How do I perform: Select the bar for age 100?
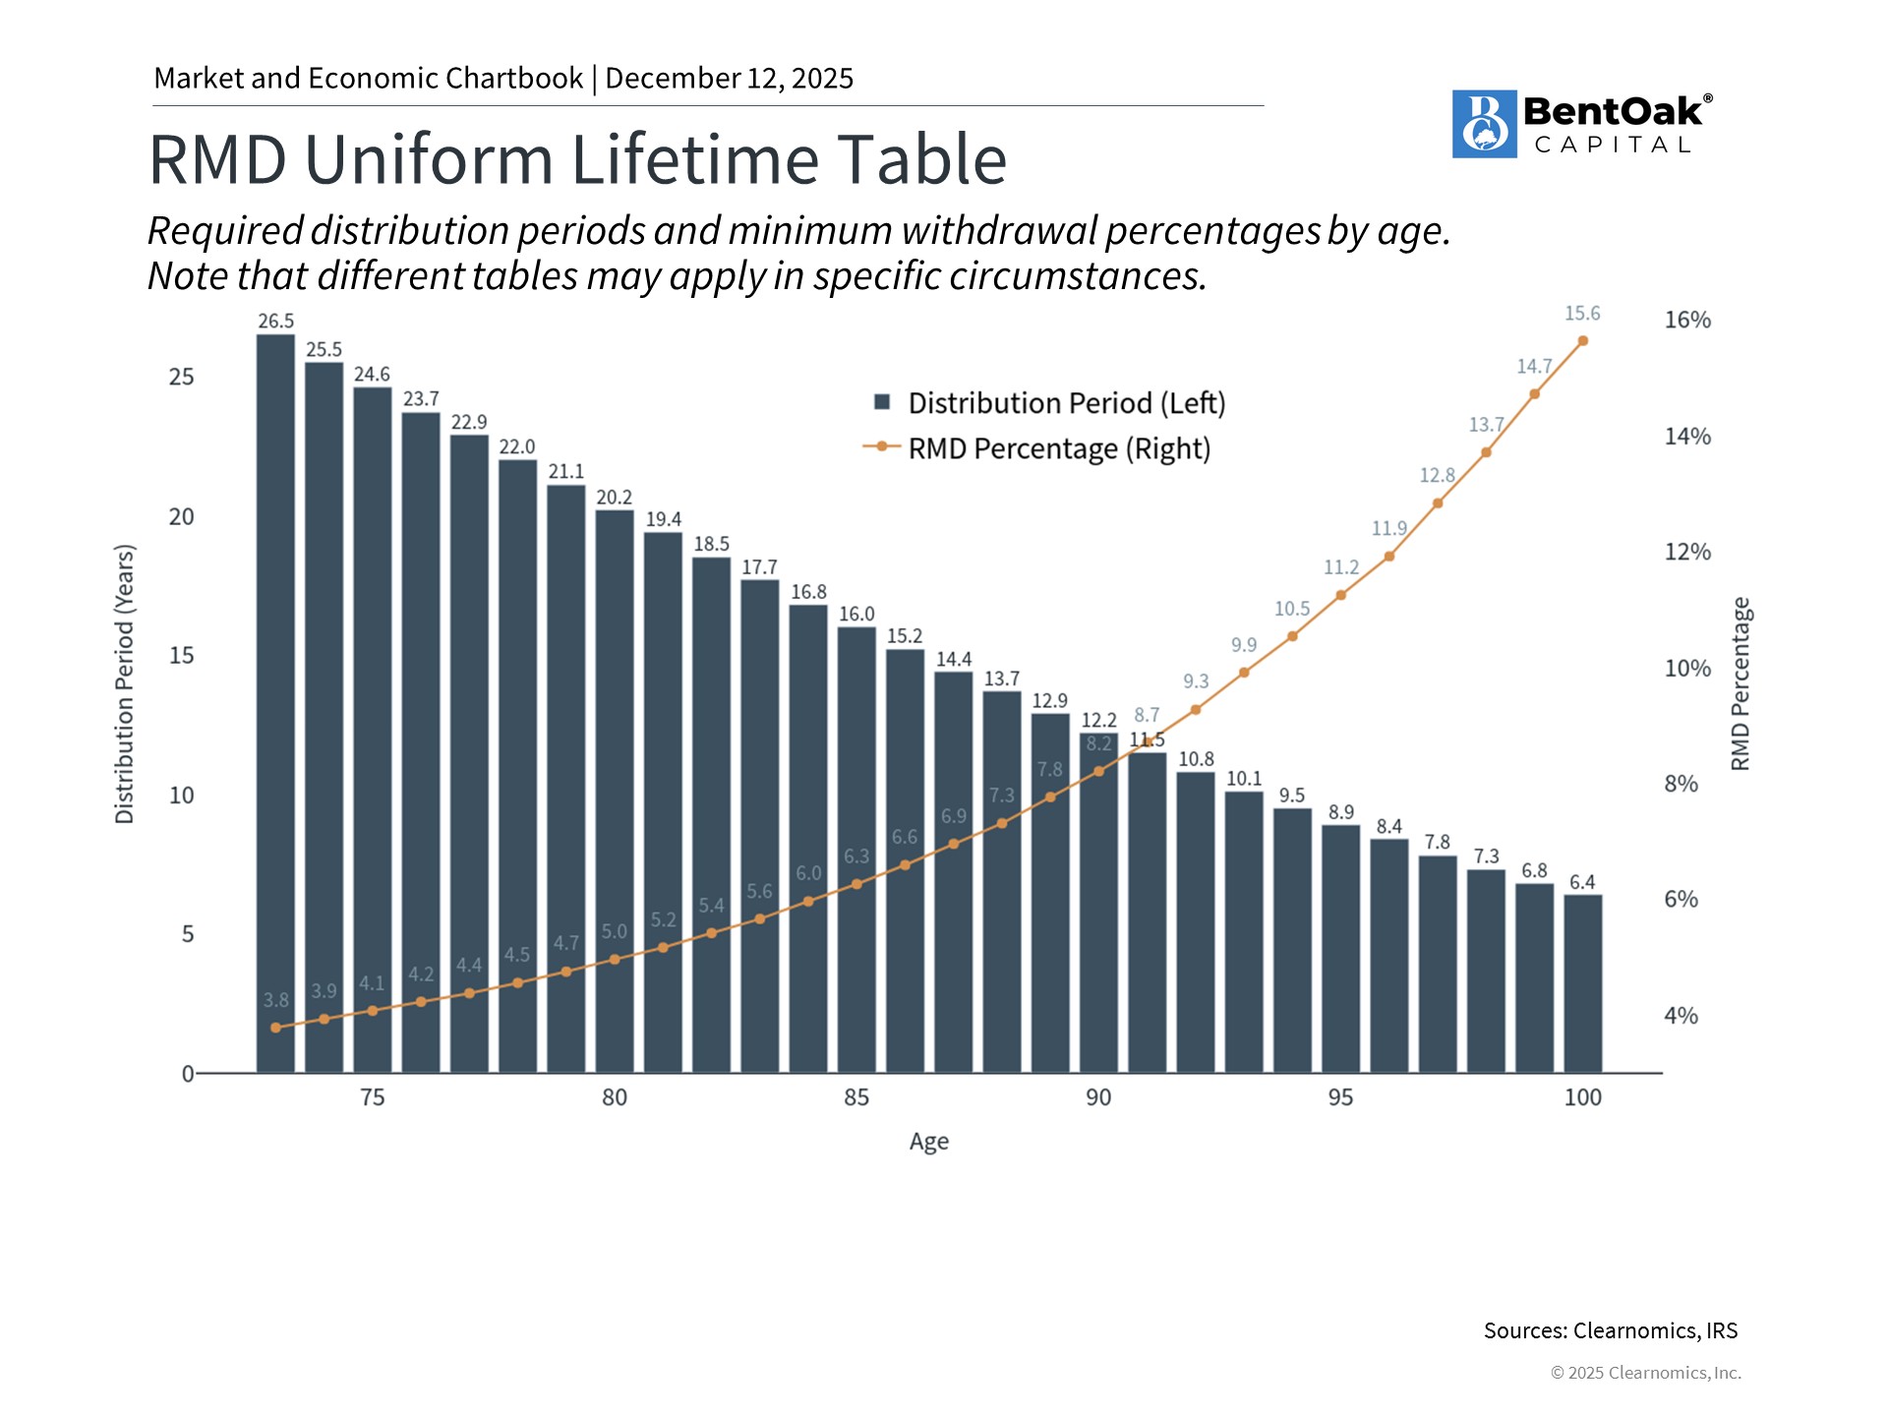1582,983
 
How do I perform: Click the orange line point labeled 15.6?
1582,341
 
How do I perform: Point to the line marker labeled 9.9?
1244,673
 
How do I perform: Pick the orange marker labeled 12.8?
1438,503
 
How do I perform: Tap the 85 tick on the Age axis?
856,1097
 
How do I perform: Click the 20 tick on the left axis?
182,516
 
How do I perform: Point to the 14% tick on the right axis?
1687,437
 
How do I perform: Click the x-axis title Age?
928,1142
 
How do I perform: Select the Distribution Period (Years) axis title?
125,683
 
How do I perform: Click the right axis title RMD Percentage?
1740,683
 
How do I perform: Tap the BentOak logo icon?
1484,124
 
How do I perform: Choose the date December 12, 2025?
729,79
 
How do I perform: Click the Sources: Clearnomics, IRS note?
1610,1330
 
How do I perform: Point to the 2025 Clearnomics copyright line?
1645,1373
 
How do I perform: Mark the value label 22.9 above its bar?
469,422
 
